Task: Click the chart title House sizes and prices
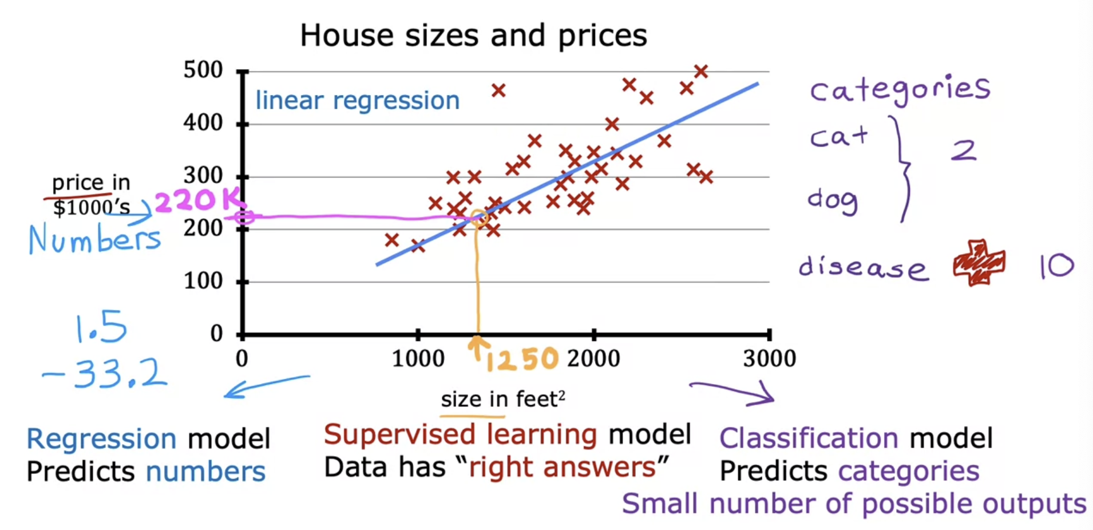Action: point(473,35)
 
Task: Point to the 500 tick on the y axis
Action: point(203,70)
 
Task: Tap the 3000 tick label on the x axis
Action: point(769,359)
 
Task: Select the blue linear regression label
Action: point(357,101)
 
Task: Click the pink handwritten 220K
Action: point(198,200)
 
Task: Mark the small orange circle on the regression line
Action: point(478,217)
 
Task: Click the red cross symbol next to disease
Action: point(979,262)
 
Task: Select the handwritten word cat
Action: point(838,137)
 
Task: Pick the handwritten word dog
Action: point(833,200)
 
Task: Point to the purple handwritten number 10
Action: point(1056,266)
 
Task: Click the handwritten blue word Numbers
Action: point(94,239)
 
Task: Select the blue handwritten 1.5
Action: point(101,327)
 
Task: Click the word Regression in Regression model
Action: point(101,439)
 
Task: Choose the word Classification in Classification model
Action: point(809,438)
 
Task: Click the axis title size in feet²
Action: point(502,399)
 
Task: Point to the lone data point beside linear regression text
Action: point(498,90)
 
